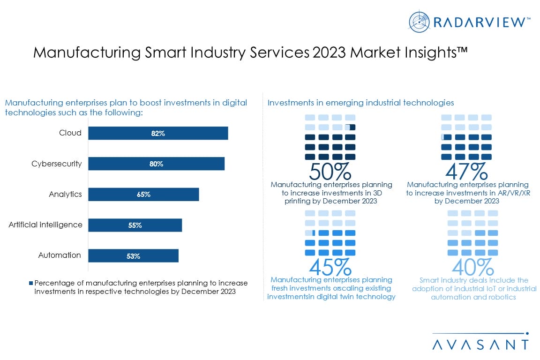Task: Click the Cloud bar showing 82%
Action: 158,133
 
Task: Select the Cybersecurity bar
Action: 156,164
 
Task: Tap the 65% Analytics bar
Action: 143,195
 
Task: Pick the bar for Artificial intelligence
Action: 135,225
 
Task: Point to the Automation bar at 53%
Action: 133,256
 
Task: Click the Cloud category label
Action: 70,133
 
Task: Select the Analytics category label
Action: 65,194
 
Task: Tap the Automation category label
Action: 60,255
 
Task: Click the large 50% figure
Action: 330,172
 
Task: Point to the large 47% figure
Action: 466,172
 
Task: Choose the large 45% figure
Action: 330,267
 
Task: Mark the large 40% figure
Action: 472,267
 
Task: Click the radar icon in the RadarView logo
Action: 419,22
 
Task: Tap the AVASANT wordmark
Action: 480,344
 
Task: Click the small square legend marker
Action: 31,283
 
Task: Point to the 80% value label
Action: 156,164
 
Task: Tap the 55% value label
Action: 135,225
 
